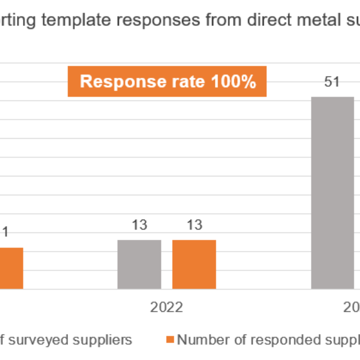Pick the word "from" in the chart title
223,20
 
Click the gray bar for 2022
139,264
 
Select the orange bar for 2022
194,264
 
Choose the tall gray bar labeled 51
333,193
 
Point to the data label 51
332,82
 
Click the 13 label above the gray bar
139,225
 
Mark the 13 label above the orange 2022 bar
194,225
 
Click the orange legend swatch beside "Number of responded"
170,339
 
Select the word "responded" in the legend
275,339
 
